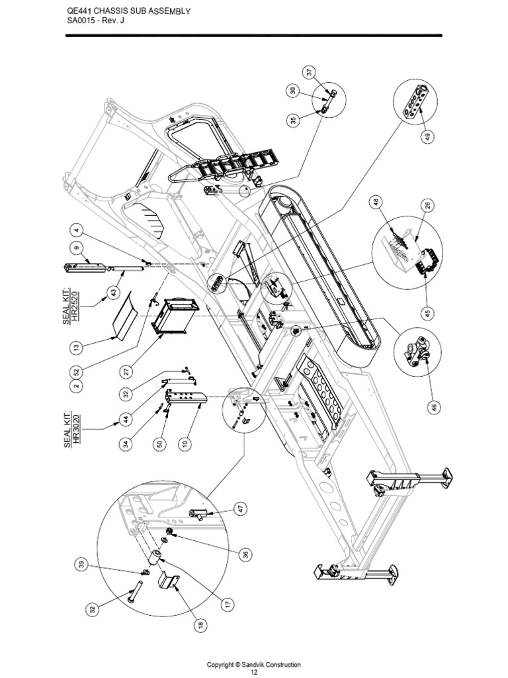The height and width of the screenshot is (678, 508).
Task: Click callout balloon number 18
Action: (198, 624)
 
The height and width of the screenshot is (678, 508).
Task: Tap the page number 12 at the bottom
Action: (254, 673)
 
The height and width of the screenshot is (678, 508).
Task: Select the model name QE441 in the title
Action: (81, 11)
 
